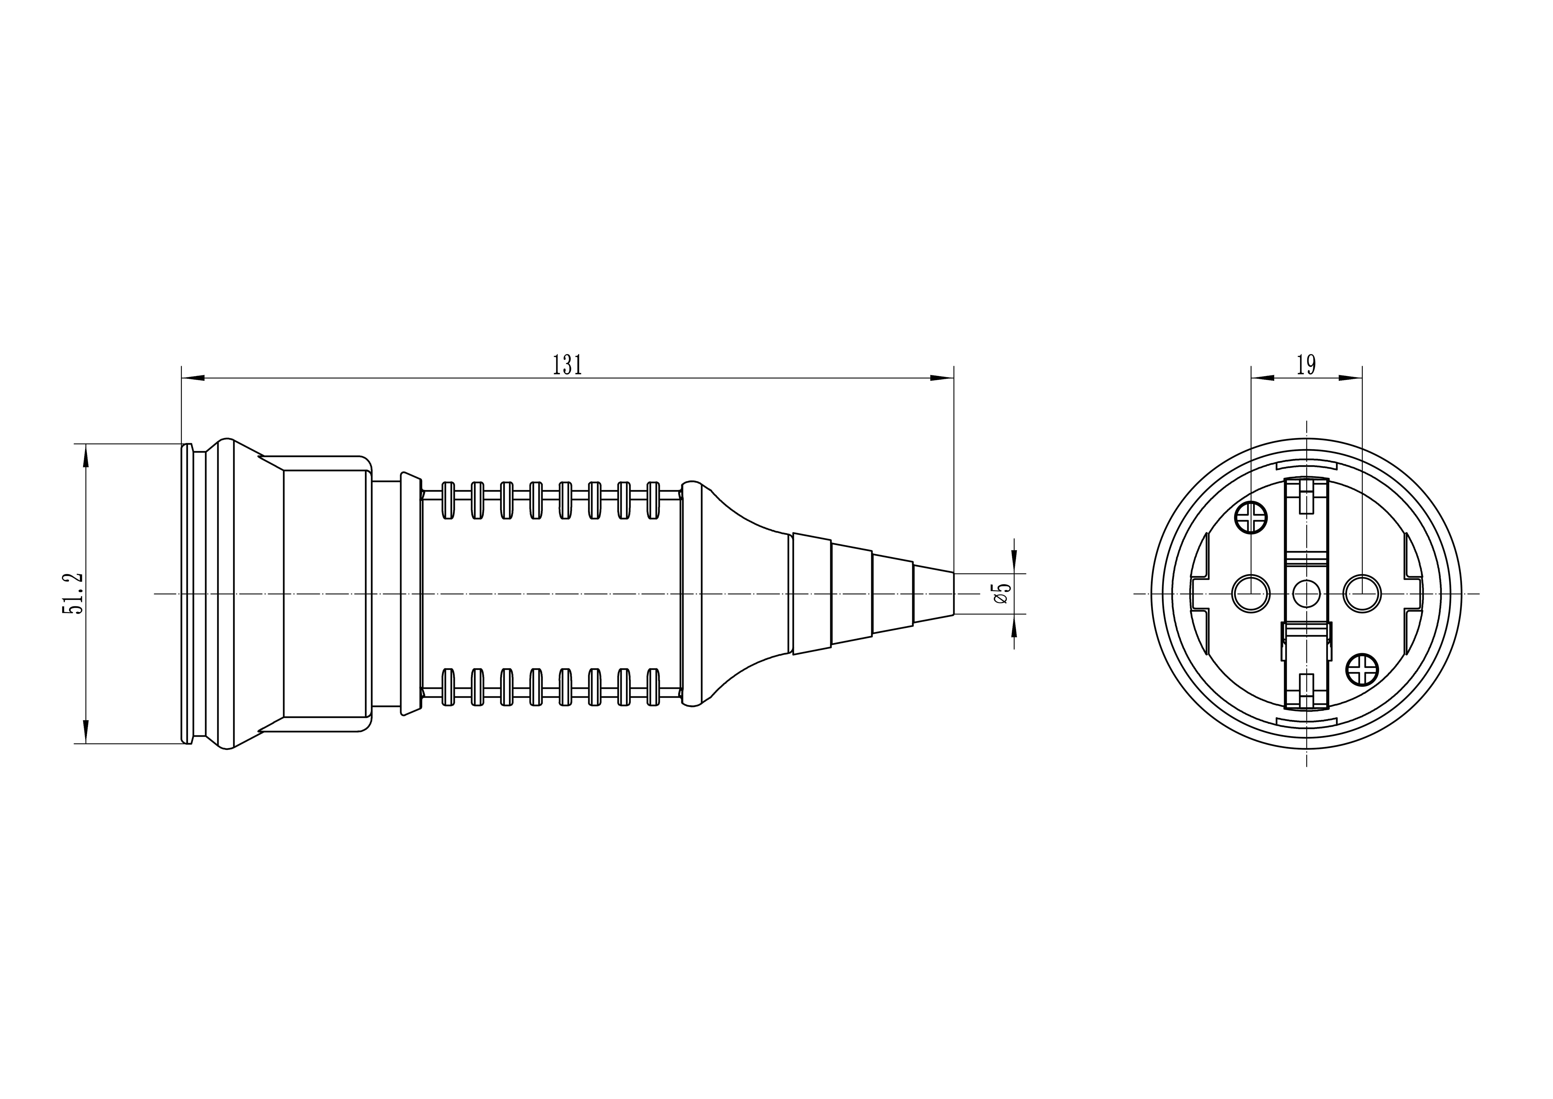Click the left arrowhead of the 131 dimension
coord(193,378)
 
